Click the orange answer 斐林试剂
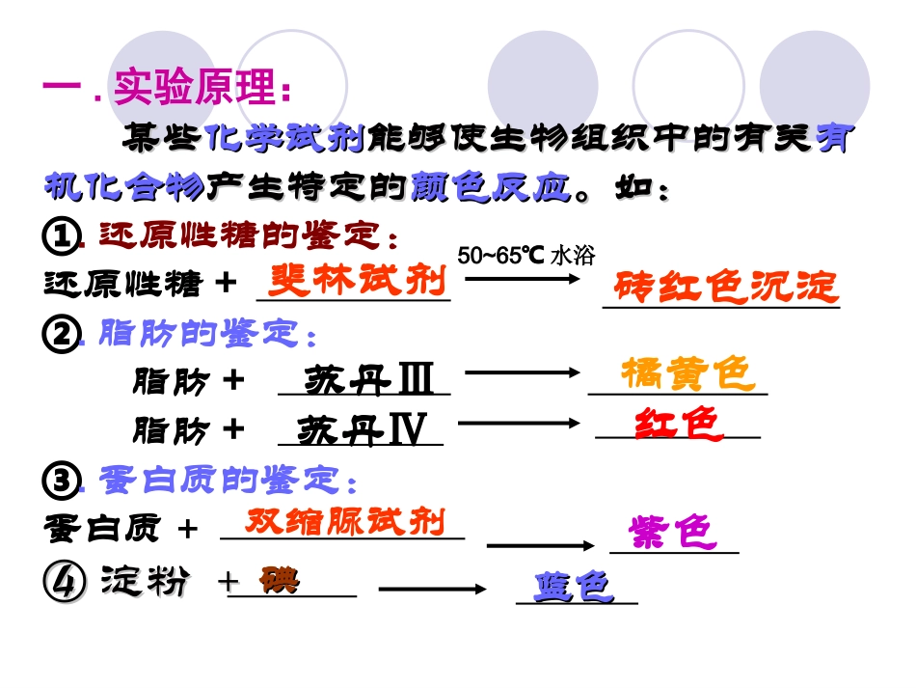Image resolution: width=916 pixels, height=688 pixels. [x=357, y=281]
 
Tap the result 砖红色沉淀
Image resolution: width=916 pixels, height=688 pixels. [x=725, y=288]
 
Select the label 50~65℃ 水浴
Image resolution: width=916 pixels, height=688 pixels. [x=526, y=256]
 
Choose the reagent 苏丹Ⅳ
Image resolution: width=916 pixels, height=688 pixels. [x=362, y=430]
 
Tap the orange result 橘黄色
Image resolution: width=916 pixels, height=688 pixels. [x=687, y=372]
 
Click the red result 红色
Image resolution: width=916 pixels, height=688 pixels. [x=679, y=424]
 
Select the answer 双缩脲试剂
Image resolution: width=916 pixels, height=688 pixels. [x=345, y=522]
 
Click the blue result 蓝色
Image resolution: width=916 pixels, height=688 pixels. [x=575, y=586]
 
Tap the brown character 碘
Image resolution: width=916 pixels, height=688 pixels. [x=280, y=580]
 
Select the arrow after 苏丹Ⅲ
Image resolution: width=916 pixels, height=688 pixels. [x=522, y=372]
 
